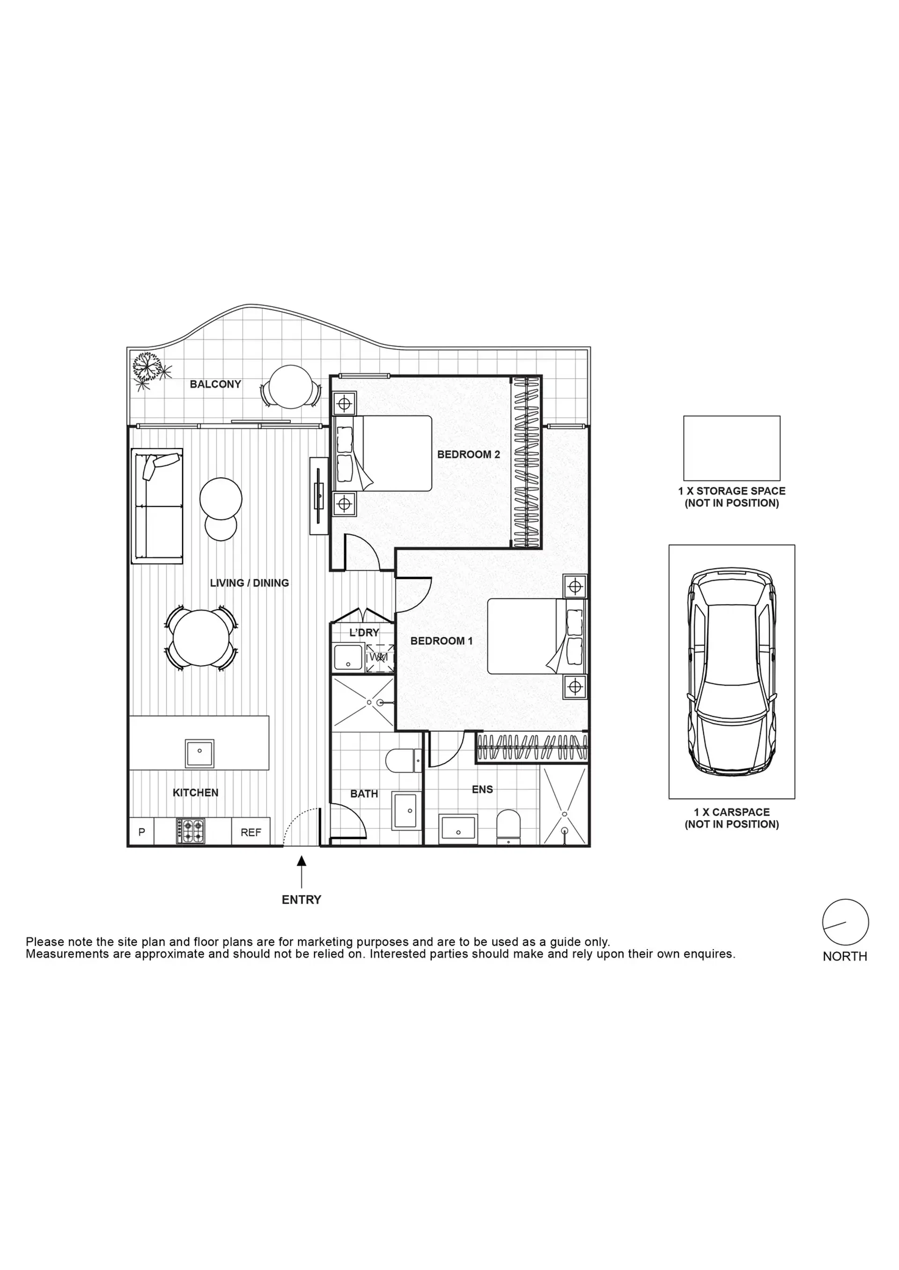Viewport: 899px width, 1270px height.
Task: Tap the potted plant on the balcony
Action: pos(148,368)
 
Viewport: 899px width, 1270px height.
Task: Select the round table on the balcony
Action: pos(291,387)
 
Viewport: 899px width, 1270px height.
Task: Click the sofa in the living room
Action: pos(157,505)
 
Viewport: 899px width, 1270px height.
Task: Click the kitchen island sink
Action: pos(199,753)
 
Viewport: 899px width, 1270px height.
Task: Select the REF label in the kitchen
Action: pos(251,832)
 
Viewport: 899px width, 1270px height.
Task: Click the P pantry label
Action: pos(142,832)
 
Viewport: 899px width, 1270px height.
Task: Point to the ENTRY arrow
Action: pos(302,871)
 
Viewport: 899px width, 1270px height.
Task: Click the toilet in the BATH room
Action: pos(404,760)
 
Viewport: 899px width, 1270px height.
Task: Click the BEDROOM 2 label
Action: pos(468,455)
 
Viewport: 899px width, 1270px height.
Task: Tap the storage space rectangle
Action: pos(732,448)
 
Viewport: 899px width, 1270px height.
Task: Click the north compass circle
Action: pos(845,922)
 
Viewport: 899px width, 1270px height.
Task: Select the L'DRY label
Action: pos(364,632)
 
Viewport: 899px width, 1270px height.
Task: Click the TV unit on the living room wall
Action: pos(319,496)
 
